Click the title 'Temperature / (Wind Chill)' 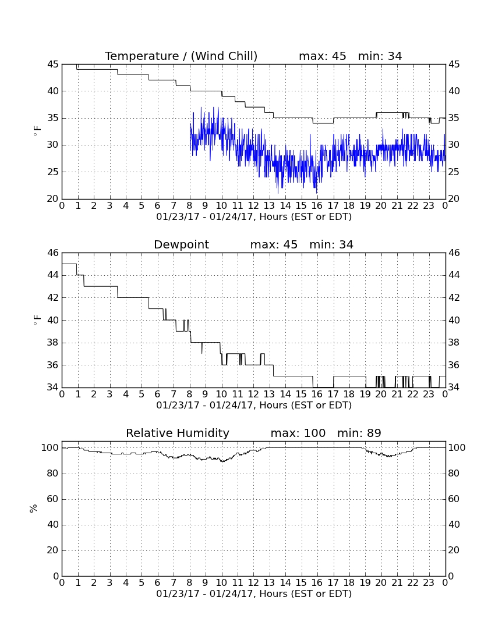(x=181, y=56)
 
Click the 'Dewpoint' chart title (x=181, y=244)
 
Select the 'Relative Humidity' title (x=178, y=433)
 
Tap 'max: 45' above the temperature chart (x=322, y=56)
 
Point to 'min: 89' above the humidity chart (x=359, y=433)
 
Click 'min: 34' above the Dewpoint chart (x=331, y=244)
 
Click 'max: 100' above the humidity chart (x=298, y=433)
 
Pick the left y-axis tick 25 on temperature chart (x=53, y=172)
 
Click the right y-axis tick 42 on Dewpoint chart (x=454, y=297)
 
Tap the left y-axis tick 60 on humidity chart (x=53, y=499)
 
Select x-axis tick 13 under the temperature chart (x=269, y=206)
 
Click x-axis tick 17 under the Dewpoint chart (x=333, y=394)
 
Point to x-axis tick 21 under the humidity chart (x=397, y=583)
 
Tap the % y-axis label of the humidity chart (x=34, y=508)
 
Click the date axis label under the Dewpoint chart (x=254, y=406)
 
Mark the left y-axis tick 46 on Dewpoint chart (x=53, y=253)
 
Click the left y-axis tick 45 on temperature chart (x=53, y=64)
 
